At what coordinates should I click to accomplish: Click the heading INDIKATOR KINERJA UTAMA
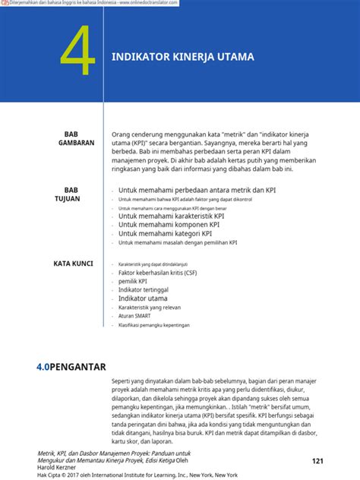point(182,58)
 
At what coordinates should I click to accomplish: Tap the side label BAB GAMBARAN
point(76,137)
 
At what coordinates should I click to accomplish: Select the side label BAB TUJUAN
point(72,194)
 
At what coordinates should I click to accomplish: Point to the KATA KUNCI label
point(73,264)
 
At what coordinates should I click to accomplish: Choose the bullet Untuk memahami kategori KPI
point(169,234)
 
